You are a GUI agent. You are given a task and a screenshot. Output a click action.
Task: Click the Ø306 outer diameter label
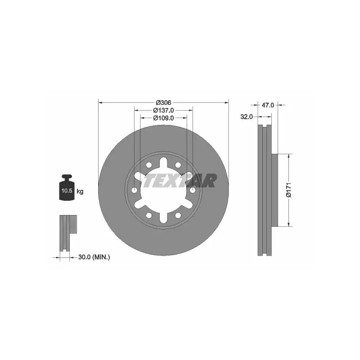163,103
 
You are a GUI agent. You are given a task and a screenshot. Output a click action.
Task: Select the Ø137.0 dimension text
163,110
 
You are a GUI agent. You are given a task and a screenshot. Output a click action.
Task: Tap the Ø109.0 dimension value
163,118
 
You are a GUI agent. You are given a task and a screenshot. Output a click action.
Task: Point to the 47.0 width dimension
268,105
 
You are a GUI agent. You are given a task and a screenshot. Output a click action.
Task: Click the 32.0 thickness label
246,117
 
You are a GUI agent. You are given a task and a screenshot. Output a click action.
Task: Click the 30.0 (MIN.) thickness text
94,257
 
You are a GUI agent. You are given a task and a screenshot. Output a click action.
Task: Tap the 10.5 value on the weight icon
67,190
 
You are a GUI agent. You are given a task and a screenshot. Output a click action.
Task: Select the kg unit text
80,191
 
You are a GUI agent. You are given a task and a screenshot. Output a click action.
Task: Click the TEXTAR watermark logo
179,180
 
